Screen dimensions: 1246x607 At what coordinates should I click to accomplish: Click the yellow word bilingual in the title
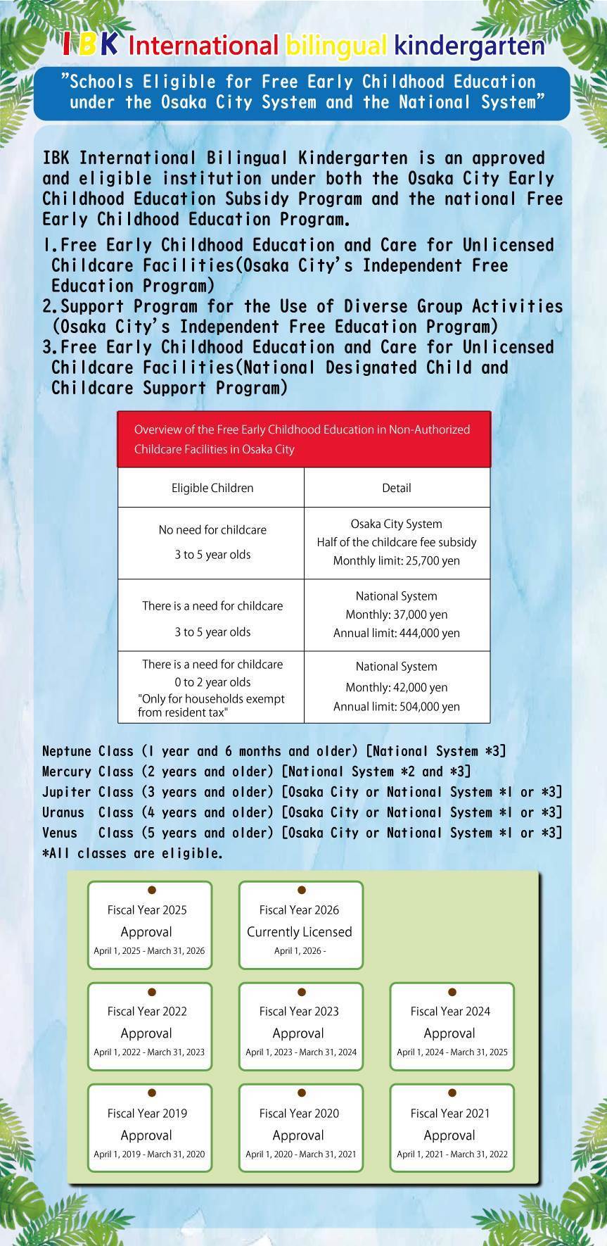click(336, 46)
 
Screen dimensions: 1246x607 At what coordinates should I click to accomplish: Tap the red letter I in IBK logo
click(67, 45)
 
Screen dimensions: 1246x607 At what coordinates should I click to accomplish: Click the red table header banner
click(303, 439)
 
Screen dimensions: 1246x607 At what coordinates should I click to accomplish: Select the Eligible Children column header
click(212, 488)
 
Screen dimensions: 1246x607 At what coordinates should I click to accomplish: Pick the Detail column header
click(396, 488)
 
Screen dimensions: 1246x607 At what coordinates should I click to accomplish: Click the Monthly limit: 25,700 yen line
click(396, 561)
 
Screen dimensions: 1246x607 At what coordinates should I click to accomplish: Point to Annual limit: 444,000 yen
click(396, 633)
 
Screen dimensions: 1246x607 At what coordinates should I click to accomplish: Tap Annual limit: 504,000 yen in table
click(396, 707)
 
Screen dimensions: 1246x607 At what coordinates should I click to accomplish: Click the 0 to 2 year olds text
click(212, 682)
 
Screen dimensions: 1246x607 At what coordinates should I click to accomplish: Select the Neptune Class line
click(274, 751)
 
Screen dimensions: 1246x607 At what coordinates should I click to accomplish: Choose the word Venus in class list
click(60, 833)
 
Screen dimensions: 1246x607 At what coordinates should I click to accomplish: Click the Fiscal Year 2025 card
click(149, 924)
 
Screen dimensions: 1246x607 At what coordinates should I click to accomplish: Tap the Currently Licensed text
click(299, 932)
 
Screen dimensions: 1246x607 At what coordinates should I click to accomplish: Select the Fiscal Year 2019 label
click(147, 1113)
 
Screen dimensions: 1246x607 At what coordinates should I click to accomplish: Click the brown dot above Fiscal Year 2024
click(452, 992)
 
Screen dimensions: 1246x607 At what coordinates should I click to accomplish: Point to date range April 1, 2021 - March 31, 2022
click(452, 1154)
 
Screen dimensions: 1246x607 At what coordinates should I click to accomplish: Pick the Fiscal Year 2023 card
click(300, 1026)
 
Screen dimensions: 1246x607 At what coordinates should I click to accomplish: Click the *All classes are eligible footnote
click(132, 854)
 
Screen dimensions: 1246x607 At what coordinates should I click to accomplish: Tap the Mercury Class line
click(256, 772)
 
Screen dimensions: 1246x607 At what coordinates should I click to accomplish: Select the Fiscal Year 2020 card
click(300, 1128)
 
